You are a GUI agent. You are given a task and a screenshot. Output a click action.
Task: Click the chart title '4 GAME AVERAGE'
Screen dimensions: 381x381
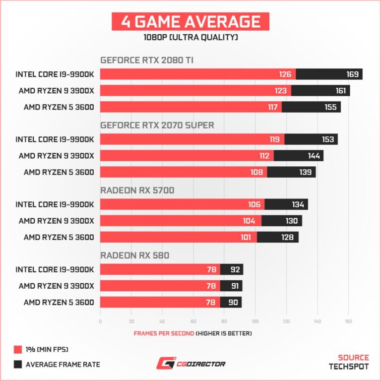coord(190,22)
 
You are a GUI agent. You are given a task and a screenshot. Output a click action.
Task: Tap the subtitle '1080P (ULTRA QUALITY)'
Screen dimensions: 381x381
coord(190,38)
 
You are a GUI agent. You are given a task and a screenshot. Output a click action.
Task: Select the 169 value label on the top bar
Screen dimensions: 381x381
coord(352,74)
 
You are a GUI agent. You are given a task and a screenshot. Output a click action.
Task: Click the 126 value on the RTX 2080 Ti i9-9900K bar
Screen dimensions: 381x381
coord(285,74)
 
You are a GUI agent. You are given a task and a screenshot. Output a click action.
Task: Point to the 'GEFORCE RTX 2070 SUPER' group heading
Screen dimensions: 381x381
coord(157,125)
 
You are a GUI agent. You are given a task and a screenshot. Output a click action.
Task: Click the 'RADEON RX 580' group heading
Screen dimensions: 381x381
coord(134,255)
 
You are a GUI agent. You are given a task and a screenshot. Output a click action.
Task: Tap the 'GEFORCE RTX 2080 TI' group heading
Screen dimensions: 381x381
coord(147,60)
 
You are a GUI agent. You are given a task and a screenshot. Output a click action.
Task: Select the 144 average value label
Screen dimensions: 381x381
coord(314,156)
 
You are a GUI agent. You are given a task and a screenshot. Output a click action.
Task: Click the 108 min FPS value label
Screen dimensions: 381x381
coord(256,172)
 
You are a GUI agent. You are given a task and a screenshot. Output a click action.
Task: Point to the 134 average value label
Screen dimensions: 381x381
coord(298,204)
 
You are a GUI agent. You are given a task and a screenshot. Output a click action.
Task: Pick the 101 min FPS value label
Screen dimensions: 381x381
coord(246,237)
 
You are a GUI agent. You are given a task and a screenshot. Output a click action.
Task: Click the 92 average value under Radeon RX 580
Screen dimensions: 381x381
coord(234,269)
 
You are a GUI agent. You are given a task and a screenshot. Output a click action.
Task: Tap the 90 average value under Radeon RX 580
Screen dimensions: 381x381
coord(233,302)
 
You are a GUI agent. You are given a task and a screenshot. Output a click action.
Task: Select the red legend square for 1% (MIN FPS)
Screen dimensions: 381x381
coord(18,350)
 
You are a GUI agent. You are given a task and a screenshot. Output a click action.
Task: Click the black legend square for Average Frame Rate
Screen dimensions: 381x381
coord(18,365)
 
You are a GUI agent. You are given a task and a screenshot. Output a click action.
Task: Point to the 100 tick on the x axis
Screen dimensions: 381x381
coord(254,321)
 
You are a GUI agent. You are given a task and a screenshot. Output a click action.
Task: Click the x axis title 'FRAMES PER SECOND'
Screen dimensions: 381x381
coord(164,333)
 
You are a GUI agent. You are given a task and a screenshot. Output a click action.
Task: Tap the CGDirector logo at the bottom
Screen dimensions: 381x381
coord(190,364)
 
